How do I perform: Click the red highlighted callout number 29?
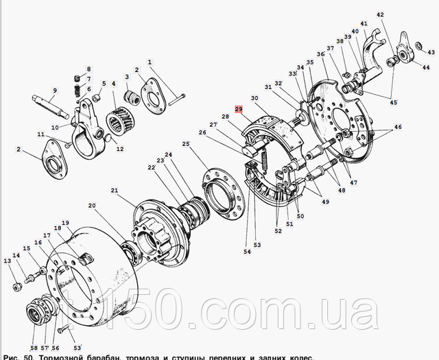point(239,109)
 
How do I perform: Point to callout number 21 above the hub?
point(115,191)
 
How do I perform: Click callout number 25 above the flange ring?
point(185,143)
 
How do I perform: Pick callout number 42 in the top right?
point(380,14)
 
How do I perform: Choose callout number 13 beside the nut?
point(7,261)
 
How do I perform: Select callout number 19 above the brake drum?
point(66,223)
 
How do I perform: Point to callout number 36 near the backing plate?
point(320,54)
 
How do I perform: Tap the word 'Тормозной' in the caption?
point(62,356)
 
